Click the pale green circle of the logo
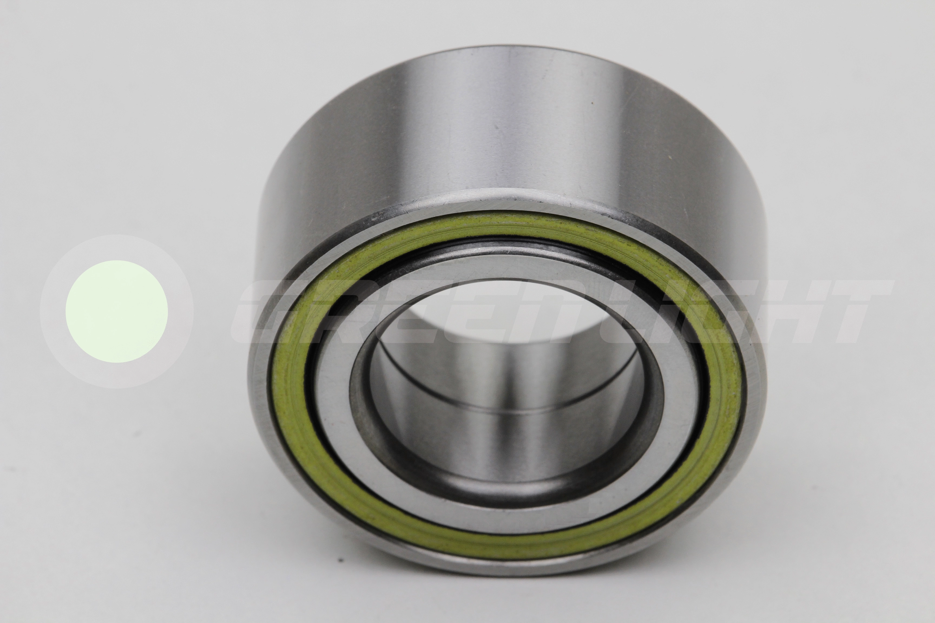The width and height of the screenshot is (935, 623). click(117, 311)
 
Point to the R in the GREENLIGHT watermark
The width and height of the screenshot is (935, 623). click(342, 311)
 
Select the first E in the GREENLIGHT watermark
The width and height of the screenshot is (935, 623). click(409, 311)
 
